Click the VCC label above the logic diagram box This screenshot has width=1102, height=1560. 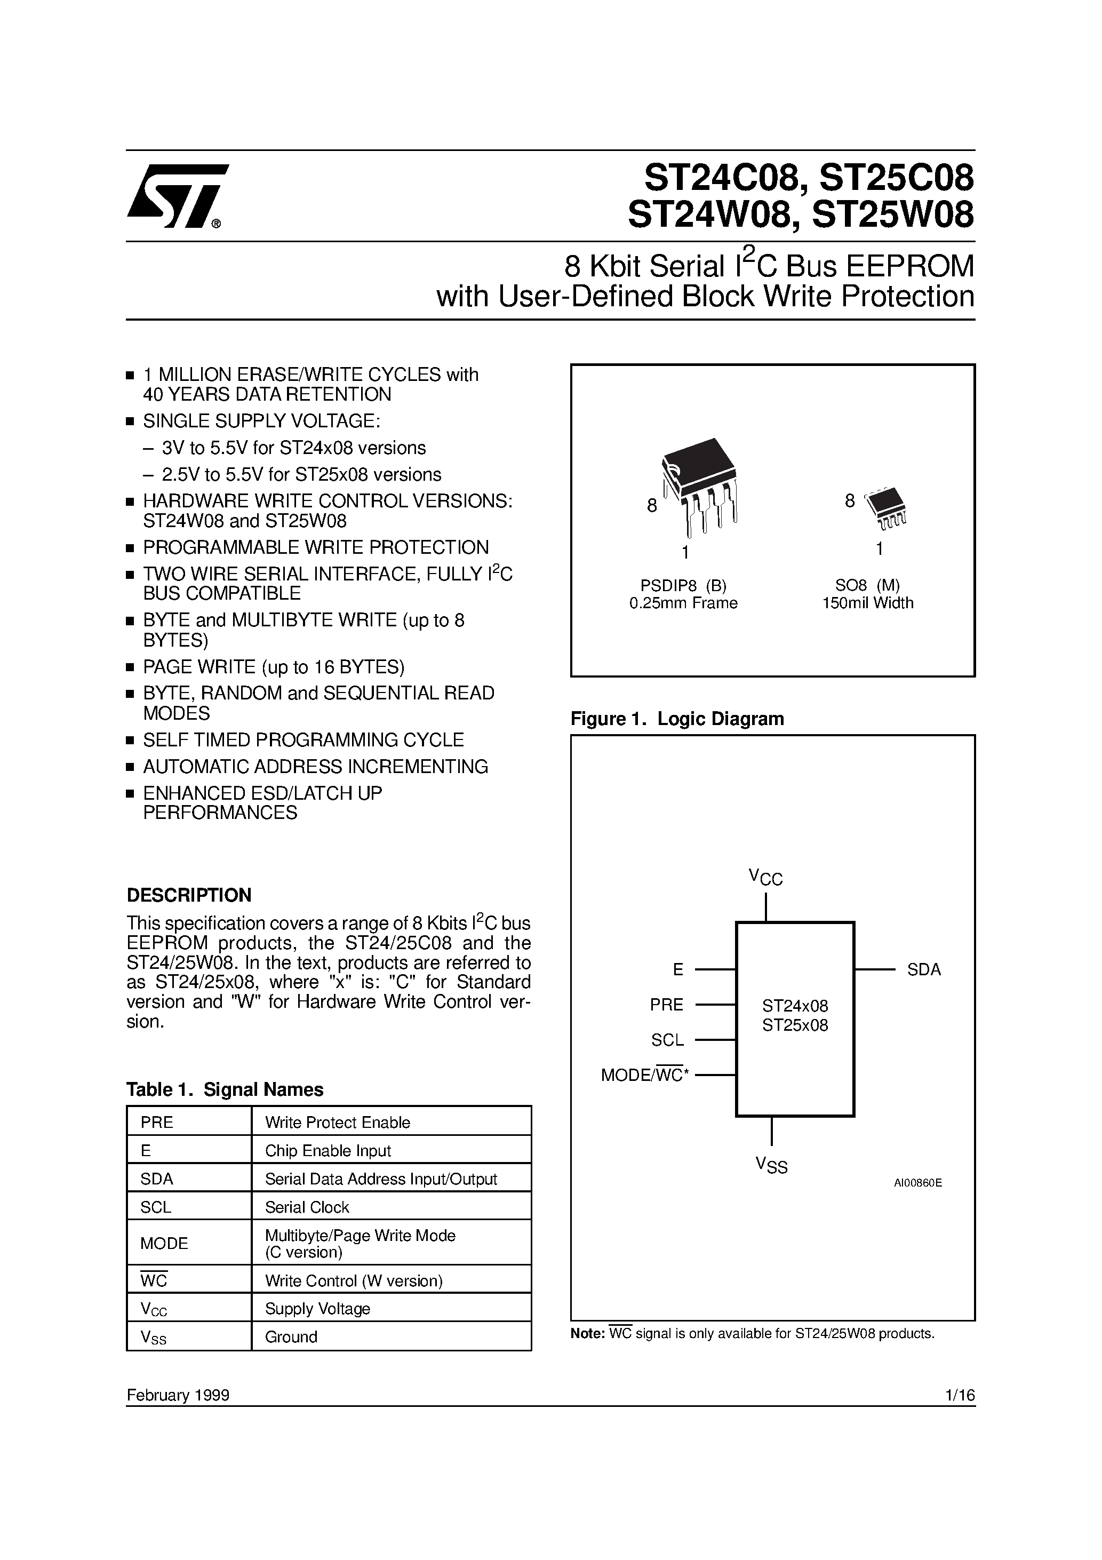(766, 877)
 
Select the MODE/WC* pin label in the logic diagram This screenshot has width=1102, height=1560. (645, 1075)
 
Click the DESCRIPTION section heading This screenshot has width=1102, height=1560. (189, 895)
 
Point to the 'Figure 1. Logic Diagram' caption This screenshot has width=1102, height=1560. (677, 719)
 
